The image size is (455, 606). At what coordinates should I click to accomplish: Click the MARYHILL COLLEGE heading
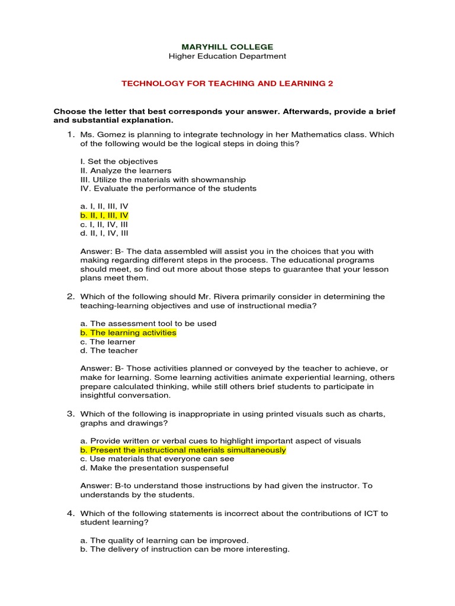pos(227,47)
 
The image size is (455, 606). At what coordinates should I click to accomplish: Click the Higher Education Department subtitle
pos(227,56)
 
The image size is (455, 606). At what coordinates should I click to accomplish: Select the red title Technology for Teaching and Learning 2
pos(227,83)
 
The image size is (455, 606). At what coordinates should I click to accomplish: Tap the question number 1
pos(71,134)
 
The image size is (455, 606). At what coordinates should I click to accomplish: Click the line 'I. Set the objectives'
pos(118,162)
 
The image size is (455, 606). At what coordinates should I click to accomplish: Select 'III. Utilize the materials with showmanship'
pos(163,179)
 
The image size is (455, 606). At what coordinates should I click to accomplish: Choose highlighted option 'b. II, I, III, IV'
pos(104,215)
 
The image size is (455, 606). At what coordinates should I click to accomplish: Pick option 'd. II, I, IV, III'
pos(104,233)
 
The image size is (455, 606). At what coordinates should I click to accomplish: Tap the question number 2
pos(71,296)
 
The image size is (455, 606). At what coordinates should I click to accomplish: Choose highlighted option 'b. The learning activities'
pos(128,333)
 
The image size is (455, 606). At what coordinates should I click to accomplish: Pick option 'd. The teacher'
pos(109,350)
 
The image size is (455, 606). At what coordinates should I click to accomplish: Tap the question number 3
pos(71,414)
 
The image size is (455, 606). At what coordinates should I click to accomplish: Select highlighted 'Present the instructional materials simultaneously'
pos(188,450)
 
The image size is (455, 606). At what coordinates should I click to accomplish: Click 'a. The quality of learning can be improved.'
pos(165,540)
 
